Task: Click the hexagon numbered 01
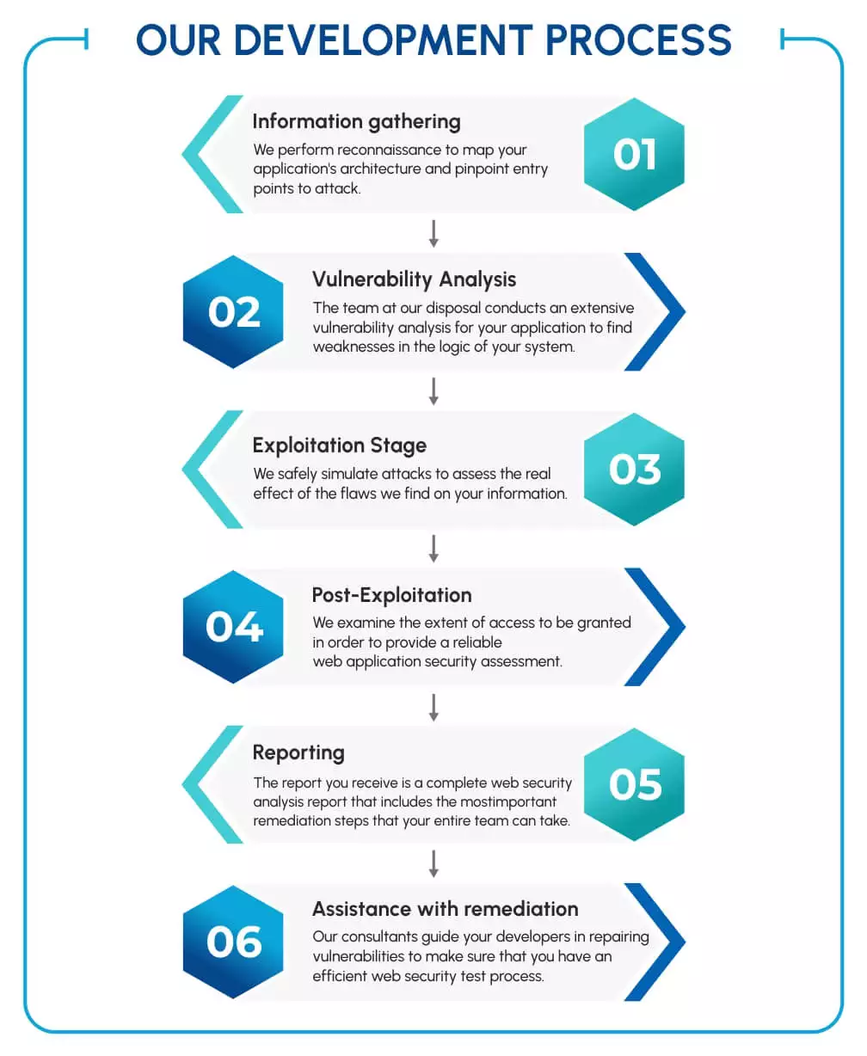[634, 155]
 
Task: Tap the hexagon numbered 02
[233, 312]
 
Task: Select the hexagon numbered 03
[634, 470]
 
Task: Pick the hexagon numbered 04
[233, 627]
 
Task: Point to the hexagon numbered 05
[634, 784]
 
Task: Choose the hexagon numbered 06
[233, 942]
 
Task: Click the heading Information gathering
[356, 122]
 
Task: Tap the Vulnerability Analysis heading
[414, 279]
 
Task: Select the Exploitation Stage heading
[339, 445]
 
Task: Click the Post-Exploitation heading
[391, 595]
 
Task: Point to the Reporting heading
[298, 753]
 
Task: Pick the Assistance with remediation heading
[445, 909]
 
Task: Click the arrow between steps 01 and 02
[433, 233]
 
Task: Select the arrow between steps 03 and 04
[433, 548]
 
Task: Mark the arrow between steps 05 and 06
[433, 863]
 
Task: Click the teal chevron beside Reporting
[206, 784]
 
